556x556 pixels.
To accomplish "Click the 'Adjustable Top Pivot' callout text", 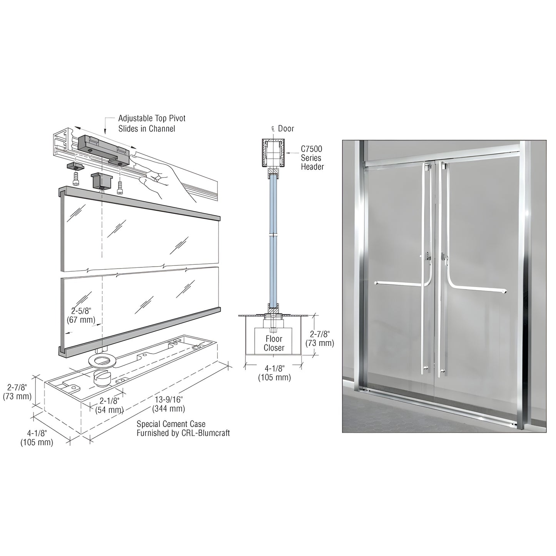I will pyautogui.click(x=152, y=119).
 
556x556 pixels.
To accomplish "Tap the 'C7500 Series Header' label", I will pyautogui.click(x=312, y=158).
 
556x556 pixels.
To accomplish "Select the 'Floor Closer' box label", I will pyautogui.click(x=274, y=343).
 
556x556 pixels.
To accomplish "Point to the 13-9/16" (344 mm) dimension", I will pyautogui.click(x=169, y=404).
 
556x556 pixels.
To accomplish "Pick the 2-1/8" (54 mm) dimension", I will pyautogui.click(x=109, y=405).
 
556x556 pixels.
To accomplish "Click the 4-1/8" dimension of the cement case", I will pyautogui.click(x=37, y=438).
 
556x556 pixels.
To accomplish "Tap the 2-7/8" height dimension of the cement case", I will pyautogui.click(x=17, y=391).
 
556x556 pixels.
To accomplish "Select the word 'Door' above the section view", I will pyautogui.click(x=286, y=129).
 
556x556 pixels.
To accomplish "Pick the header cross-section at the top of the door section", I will pyautogui.click(x=274, y=153).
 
